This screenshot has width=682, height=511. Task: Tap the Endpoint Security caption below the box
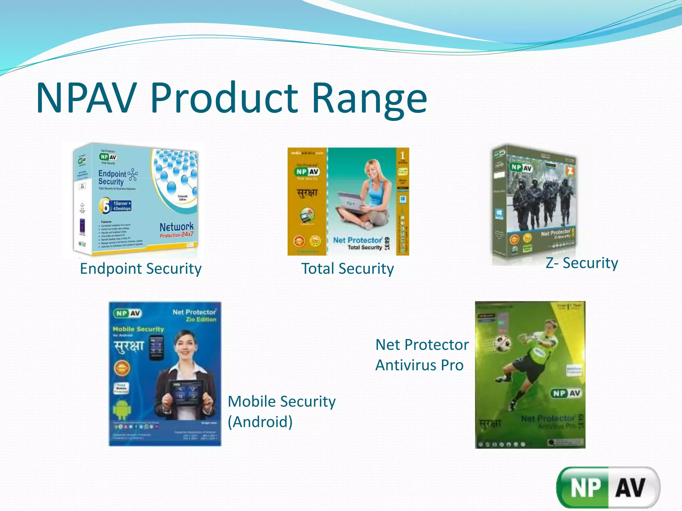point(141,269)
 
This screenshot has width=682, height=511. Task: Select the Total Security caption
point(347,269)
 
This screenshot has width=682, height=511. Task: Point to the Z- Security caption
point(581,263)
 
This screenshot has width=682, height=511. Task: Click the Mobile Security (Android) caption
point(281,412)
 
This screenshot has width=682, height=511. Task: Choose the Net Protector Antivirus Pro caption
point(422,355)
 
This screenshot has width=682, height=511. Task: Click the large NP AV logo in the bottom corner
point(608,488)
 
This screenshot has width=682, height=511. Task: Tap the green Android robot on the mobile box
point(121,409)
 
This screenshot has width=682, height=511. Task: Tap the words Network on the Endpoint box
point(176,227)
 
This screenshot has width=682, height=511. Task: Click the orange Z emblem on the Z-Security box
point(570,172)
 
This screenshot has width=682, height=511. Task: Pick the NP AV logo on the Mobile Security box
point(128,313)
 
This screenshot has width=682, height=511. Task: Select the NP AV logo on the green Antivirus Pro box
point(566,393)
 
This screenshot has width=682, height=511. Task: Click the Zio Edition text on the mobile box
point(201,320)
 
